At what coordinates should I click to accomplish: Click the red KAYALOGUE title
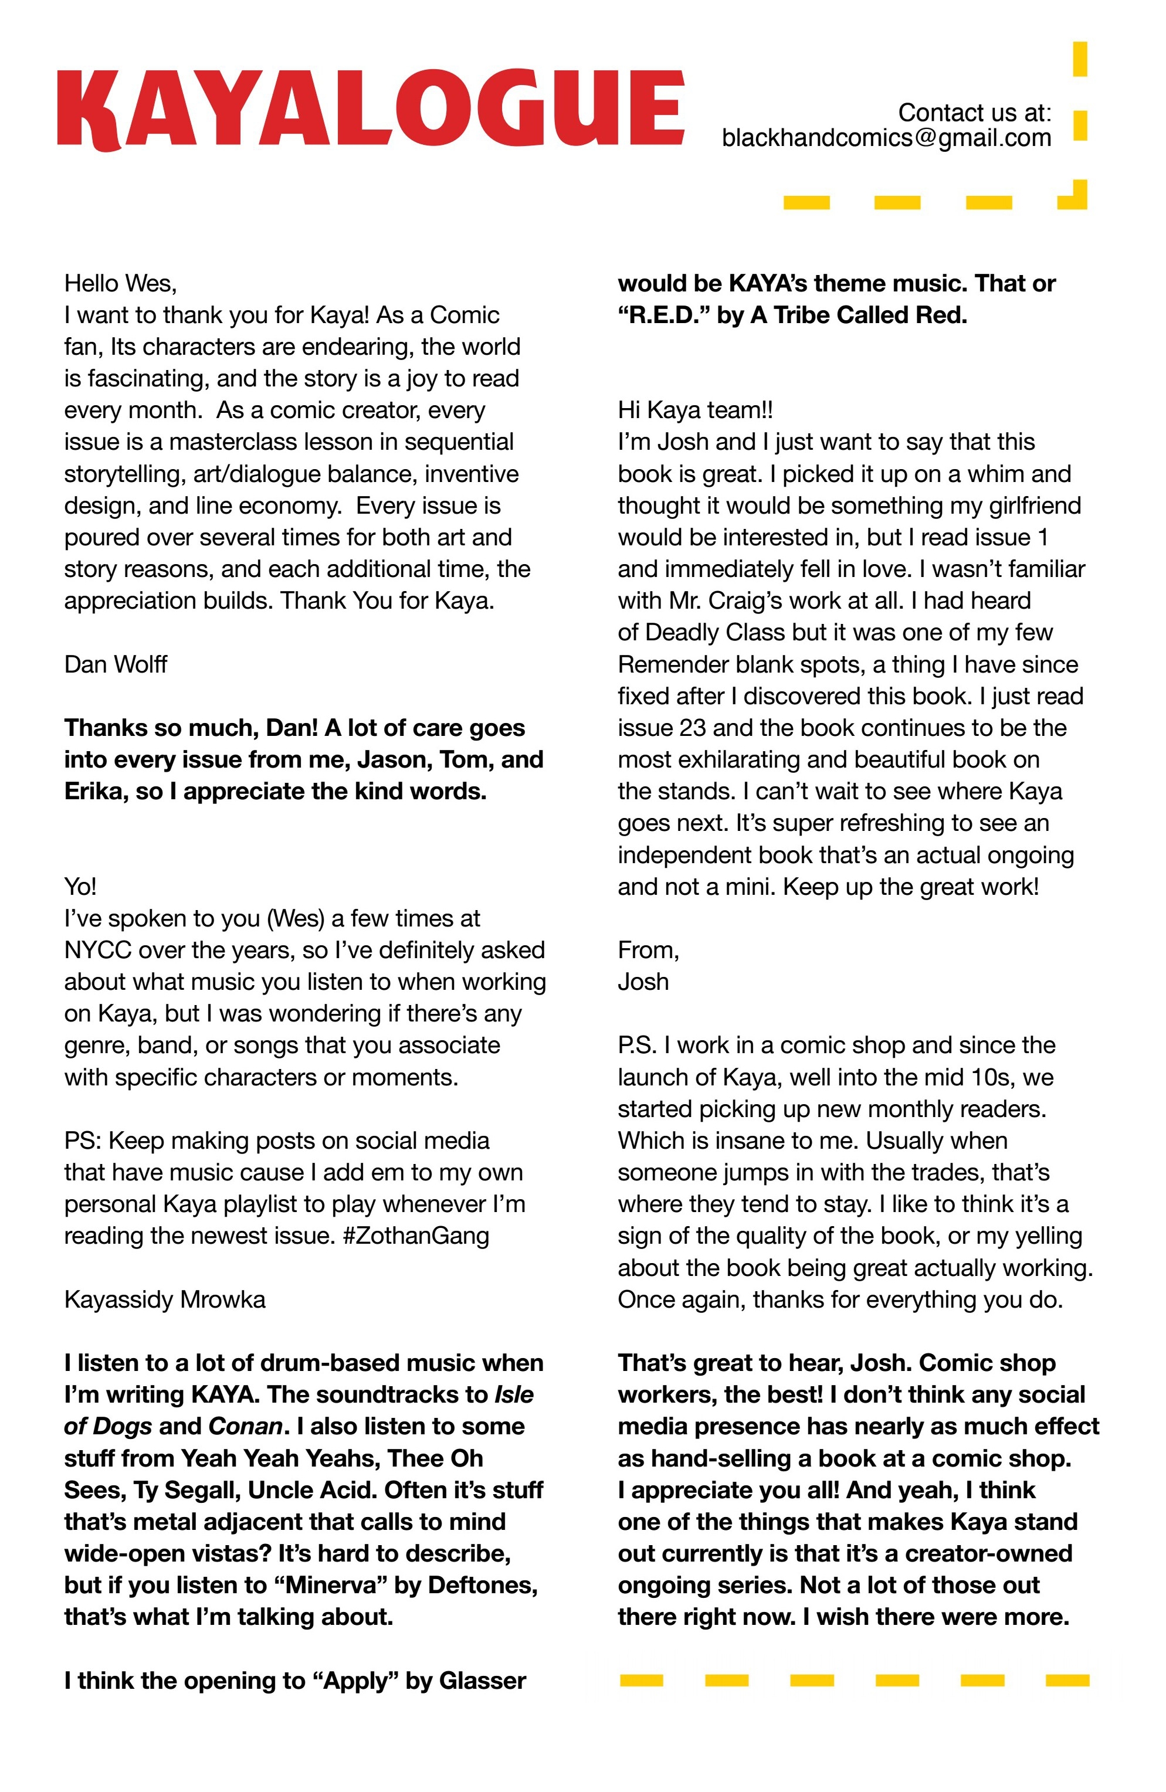click(371, 108)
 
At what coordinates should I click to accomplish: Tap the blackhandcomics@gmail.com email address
click(886, 138)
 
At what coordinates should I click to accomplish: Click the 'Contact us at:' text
click(974, 113)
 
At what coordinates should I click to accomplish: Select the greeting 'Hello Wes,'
click(120, 284)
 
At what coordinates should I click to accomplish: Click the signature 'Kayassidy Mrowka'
click(164, 1299)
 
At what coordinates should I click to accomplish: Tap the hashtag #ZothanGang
click(415, 1236)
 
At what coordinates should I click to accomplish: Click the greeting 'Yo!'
click(80, 886)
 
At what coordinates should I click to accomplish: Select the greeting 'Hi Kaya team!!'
click(694, 410)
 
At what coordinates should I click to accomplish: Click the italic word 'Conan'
click(245, 1426)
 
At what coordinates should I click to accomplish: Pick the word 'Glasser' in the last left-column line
click(482, 1681)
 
